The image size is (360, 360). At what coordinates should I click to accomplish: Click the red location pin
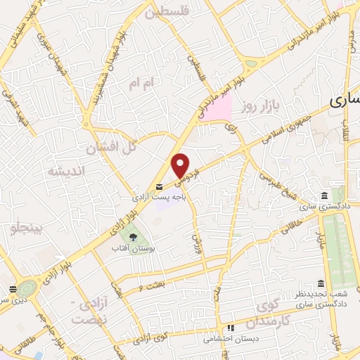click(x=181, y=165)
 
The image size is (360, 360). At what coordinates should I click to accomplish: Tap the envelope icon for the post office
click(x=159, y=186)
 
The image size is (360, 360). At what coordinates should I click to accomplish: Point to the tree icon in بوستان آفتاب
click(x=131, y=238)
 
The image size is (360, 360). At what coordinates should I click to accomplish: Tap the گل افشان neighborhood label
click(x=110, y=148)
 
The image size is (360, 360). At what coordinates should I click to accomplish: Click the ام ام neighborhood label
click(x=141, y=84)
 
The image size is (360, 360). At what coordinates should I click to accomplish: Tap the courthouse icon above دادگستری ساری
click(x=323, y=195)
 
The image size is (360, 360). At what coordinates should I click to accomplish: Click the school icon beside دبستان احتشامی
click(x=229, y=328)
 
